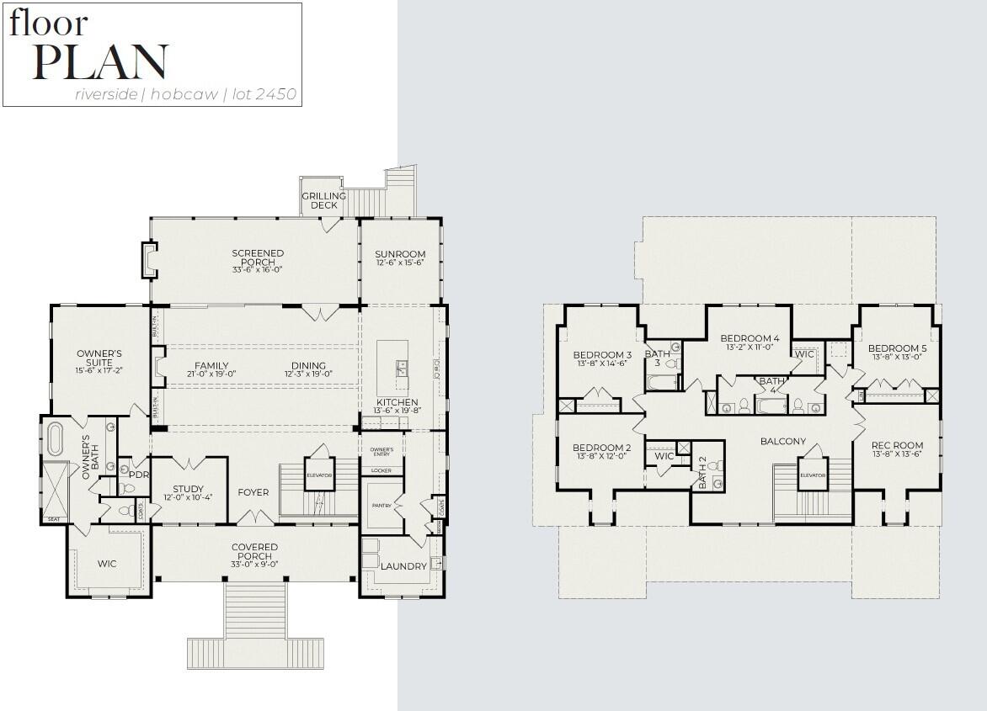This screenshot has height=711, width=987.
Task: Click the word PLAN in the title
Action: pos(99,62)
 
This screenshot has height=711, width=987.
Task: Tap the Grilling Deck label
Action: pos(324,200)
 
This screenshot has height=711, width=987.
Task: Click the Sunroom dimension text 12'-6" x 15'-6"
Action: pos(400,263)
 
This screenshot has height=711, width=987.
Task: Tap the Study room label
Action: pos(188,489)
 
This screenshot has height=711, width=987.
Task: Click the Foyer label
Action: pos(253,492)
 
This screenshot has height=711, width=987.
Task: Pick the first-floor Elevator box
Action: pos(319,474)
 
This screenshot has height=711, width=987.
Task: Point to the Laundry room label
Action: pos(403,566)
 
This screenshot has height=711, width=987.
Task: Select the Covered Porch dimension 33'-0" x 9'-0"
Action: pos(254,565)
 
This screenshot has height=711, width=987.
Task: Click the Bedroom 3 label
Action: pos(602,354)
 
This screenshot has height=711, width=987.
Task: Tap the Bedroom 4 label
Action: pos(750,338)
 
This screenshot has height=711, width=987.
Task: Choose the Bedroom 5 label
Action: pos(897,348)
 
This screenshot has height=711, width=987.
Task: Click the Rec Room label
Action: pos(897,445)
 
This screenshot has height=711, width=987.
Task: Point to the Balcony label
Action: pos(783,441)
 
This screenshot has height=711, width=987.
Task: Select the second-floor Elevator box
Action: pos(813,474)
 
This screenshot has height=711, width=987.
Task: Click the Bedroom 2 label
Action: pos(602,448)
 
